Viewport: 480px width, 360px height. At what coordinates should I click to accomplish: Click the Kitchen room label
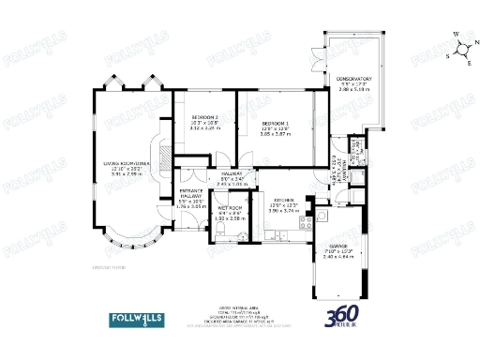(x=285, y=200)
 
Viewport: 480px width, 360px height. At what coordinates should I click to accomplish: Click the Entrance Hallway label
(x=191, y=193)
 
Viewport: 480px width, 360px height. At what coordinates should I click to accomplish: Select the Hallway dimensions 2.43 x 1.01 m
(x=232, y=184)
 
